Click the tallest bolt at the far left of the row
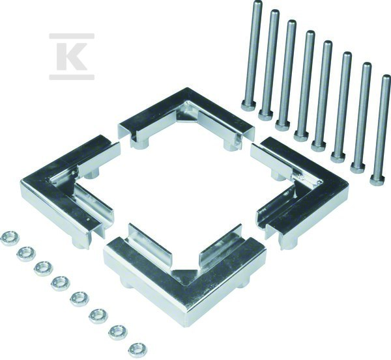[252, 55]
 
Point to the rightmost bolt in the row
[381, 130]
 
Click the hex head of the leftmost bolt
[248, 105]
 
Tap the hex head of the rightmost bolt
[377, 181]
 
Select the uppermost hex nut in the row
[10, 238]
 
